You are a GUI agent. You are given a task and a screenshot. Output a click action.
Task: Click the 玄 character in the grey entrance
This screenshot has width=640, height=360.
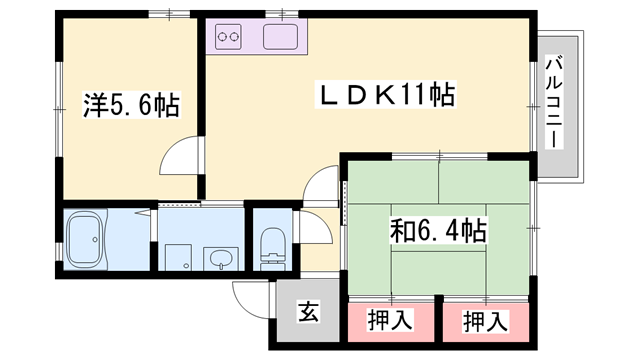coord(308,312)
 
